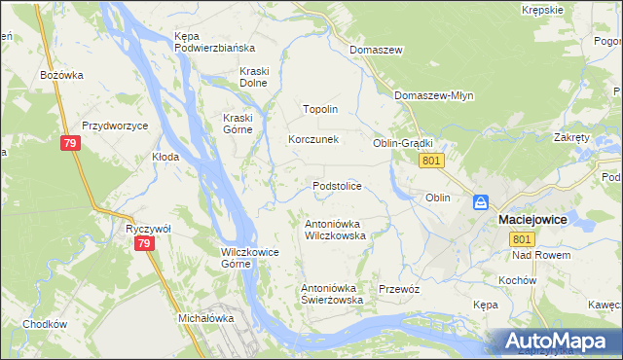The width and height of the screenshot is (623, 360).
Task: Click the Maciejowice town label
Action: pyautogui.click(x=532, y=220)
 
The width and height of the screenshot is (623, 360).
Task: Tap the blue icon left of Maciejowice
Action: pyautogui.click(x=481, y=202)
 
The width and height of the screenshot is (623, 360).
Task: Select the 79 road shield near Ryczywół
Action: pyautogui.click(x=144, y=243)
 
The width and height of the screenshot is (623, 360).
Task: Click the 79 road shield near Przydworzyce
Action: pyautogui.click(x=69, y=144)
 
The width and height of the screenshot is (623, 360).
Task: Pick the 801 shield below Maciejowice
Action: pyautogui.click(x=523, y=239)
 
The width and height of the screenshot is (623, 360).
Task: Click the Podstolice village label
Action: pyautogui.click(x=337, y=185)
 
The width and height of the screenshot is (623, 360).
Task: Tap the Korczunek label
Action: pyautogui.click(x=312, y=139)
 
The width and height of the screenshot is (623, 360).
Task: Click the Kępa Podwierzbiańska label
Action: pyautogui.click(x=214, y=42)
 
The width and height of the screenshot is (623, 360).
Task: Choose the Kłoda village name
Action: pyautogui.click(x=165, y=156)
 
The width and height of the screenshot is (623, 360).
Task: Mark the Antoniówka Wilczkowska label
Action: pyautogui.click(x=335, y=229)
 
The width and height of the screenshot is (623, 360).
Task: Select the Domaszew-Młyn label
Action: pyautogui.click(x=433, y=95)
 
